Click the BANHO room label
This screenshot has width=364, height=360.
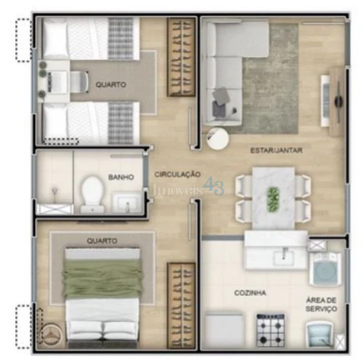click(x=121, y=177)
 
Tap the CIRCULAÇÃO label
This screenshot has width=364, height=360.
click(x=177, y=174)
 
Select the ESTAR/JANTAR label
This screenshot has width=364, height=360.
click(x=276, y=150)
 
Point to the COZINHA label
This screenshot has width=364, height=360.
click(x=250, y=293)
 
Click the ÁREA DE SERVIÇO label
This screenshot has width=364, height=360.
click(x=321, y=304)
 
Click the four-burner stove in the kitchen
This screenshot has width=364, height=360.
click(x=271, y=330)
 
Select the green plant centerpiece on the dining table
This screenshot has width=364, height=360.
click(x=273, y=200)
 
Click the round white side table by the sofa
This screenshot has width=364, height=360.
click(x=218, y=139)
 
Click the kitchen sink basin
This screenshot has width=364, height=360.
click(x=284, y=258)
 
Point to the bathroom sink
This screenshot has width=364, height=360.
click(x=127, y=203)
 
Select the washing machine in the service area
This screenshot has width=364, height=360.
click(x=325, y=269)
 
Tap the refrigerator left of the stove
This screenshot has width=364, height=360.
click(x=224, y=330)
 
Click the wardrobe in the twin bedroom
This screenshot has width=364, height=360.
click(x=181, y=57)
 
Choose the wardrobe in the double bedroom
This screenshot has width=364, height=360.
click(x=181, y=306)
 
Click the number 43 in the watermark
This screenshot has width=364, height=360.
click(x=213, y=186)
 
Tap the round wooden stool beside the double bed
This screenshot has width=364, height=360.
click(x=51, y=334)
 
